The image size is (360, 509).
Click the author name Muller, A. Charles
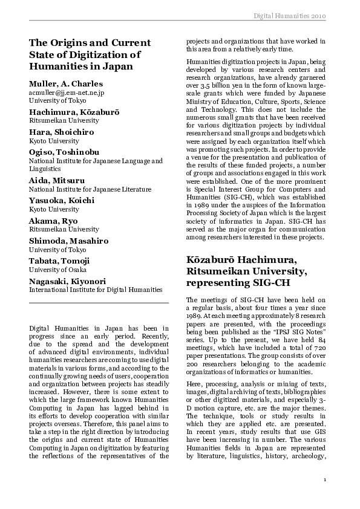[x=66, y=83]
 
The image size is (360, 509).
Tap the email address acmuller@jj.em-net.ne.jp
[x=67, y=92]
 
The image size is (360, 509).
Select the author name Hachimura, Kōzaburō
[x=74, y=112]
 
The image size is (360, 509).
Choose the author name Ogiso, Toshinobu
[x=64, y=152]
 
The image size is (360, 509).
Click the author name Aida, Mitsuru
[x=57, y=180]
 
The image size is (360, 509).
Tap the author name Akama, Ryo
[x=53, y=220]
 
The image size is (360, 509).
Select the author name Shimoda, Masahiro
[x=68, y=241]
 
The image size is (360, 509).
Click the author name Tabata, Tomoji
[x=59, y=261]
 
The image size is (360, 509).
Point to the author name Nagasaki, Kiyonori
[x=67, y=281]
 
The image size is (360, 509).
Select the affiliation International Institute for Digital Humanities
[x=96, y=290]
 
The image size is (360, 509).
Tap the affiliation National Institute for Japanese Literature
[x=91, y=189]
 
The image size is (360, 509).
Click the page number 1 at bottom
[x=325, y=480]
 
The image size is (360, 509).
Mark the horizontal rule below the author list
[x=99, y=302]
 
